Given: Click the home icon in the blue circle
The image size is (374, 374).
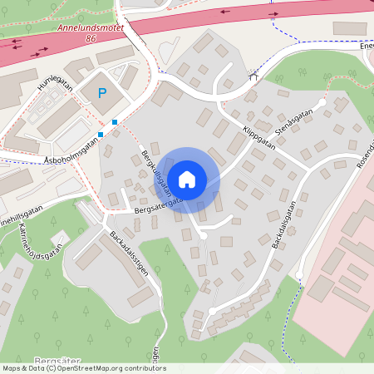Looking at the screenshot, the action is coord(187,179).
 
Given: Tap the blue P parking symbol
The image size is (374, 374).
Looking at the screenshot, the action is coord(103,94).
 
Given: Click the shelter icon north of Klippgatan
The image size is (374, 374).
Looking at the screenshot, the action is coord(254,76).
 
